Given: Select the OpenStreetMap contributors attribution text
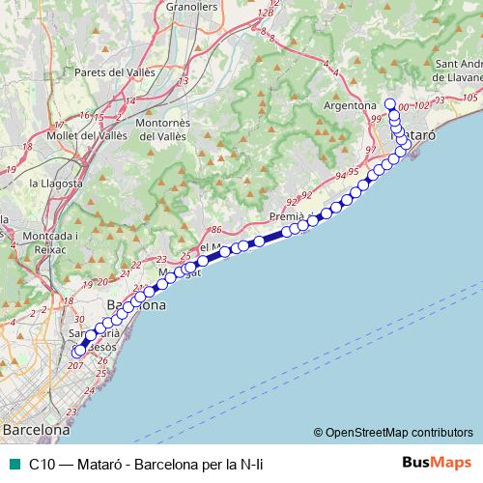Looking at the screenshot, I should point(399,433).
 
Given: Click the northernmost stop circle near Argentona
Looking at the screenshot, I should point(390,104).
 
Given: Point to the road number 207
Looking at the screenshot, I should point(75,366).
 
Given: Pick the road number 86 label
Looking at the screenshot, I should point(215,229).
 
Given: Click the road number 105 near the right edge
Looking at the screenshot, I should point(470,98).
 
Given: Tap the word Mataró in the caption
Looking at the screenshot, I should point(104,465).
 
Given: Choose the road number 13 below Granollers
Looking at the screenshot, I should point(183,81).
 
